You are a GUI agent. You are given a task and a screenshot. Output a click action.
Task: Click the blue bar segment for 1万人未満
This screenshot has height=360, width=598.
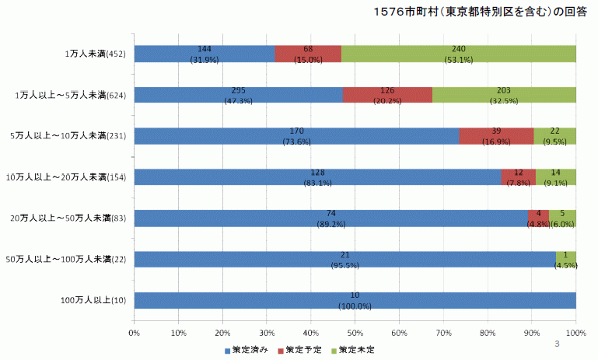[204, 53]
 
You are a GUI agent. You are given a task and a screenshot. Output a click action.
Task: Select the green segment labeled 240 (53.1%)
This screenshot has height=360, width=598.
[459, 53]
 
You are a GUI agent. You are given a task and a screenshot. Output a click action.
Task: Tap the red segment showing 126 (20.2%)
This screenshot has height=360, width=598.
[387, 94]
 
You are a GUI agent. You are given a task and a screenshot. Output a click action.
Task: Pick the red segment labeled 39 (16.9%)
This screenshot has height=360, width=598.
[496, 135]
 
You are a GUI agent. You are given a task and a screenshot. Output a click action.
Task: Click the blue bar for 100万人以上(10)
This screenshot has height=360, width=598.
[355, 300]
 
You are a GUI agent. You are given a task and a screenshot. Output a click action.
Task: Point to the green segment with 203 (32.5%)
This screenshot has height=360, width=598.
[504, 94]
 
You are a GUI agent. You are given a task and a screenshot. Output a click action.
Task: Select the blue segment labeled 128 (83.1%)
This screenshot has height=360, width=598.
[317, 177]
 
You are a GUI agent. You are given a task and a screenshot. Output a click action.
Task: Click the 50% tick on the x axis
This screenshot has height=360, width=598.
[355, 333]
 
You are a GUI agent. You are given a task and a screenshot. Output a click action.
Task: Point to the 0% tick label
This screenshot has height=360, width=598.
[134, 333]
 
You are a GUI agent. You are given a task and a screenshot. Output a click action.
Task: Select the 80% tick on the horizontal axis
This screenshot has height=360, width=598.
[488, 333]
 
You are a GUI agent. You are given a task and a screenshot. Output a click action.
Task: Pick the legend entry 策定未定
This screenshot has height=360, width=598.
[355, 350]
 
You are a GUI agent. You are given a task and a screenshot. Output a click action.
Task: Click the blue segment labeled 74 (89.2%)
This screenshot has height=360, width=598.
[330, 218]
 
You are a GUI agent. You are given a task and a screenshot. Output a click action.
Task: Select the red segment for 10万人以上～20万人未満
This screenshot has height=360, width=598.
[518, 177]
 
